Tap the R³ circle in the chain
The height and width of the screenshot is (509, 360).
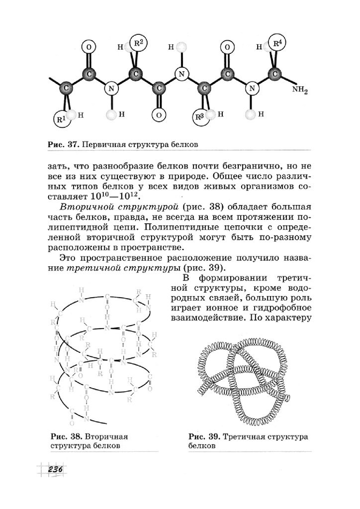tap(200, 118)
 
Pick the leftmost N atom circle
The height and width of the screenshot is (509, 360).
tap(113, 89)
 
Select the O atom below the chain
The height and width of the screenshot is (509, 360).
tap(159, 115)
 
